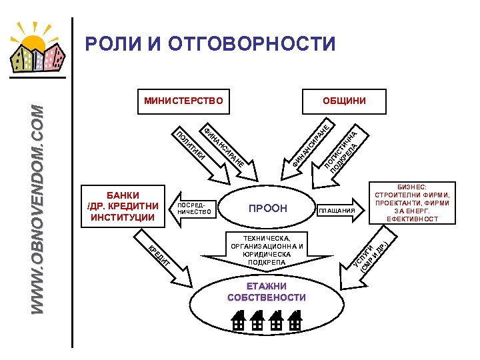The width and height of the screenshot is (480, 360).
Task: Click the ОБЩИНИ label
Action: click(344, 101)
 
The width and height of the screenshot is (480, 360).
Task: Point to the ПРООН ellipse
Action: click(267, 209)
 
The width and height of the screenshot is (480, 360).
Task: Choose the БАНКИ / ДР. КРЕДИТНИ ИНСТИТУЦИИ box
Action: click(122, 206)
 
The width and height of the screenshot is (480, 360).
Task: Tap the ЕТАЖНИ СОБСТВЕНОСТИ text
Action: click(267, 292)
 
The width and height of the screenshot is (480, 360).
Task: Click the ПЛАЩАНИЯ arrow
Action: click(341, 210)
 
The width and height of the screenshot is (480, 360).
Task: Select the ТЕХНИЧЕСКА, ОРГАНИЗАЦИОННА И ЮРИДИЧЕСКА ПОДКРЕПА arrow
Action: click(267, 251)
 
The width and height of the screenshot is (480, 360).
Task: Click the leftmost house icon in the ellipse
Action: click(239, 322)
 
